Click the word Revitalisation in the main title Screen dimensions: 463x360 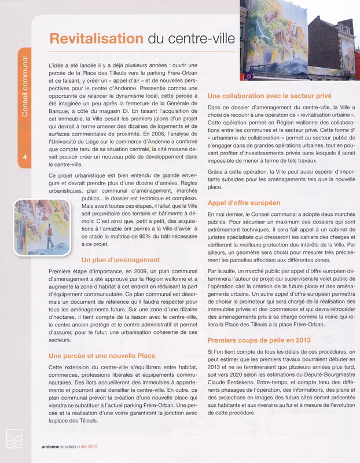[x=96, y=39]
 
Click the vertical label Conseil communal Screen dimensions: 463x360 [x=25, y=87]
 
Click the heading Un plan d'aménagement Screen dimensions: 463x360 [x=120, y=260]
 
